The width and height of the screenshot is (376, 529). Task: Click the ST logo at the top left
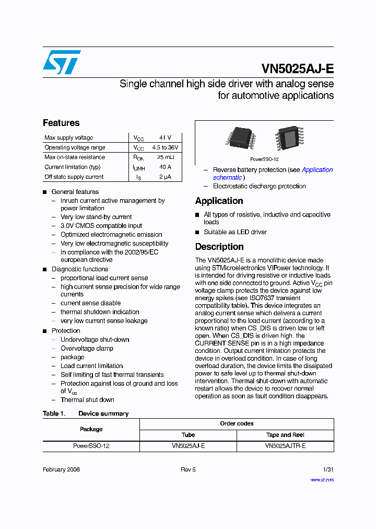pyautogui.click(x=62, y=62)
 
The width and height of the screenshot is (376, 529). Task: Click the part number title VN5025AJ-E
pyautogui.click(x=297, y=69)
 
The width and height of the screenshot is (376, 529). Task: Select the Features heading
pyautogui.click(x=61, y=123)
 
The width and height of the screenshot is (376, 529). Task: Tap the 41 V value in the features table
pyautogui.click(x=165, y=137)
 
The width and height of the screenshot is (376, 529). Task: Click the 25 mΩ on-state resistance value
pyautogui.click(x=165, y=157)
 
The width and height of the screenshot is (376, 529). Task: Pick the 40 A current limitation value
pyautogui.click(x=165, y=167)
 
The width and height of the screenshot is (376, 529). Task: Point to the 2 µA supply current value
pyautogui.click(x=165, y=177)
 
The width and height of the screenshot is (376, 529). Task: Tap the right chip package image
pyautogui.click(x=288, y=139)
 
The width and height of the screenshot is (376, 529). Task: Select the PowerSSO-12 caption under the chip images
pyautogui.click(x=264, y=159)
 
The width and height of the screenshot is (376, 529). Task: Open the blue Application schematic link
pyautogui.click(x=317, y=170)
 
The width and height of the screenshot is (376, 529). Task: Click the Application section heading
pyautogui.click(x=219, y=201)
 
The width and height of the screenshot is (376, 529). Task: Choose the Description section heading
pyautogui.click(x=219, y=247)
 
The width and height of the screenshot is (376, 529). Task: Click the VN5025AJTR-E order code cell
pyautogui.click(x=285, y=446)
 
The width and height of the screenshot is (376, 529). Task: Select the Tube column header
pyautogui.click(x=188, y=435)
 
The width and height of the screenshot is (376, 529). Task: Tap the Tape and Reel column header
pyautogui.click(x=285, y=435)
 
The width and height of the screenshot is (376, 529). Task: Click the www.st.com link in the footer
pyautogui.click(x=322, y=479)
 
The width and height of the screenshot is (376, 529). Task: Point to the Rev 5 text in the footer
pyautogui.click(x=188, y=469)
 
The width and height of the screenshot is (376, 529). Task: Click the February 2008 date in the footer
pyautogui.click(x=61, y=469)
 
